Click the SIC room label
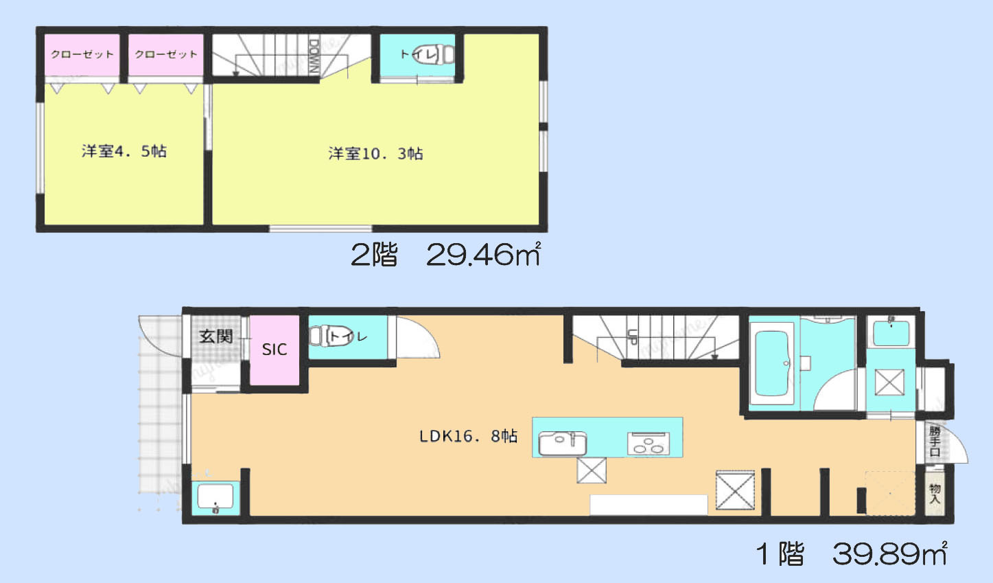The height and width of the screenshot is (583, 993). pos(274,350)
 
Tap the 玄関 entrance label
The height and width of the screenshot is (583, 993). pos(216,336)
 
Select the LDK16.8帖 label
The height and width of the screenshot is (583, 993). pos(469,436)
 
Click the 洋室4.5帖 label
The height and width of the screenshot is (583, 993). pos(124,152)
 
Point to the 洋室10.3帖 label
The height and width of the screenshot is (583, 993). pos(375,154)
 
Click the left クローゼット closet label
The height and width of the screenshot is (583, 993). pos(82,54)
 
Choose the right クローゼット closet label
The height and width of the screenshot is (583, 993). pos(166,54)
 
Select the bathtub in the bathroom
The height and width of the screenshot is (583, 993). pos(772,364)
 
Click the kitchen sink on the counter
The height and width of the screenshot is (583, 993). pos(563,443)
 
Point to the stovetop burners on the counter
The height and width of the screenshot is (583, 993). pos(647,444)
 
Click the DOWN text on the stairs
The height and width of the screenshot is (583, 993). pos(314,56)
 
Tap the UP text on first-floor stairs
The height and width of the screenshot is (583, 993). pos(633,336)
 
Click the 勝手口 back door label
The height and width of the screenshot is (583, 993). pos(935,441)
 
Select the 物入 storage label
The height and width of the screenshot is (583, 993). pos(935,492)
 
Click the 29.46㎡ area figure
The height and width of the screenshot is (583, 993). pos(483,255)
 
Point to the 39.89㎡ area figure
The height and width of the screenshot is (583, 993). pos(889,553)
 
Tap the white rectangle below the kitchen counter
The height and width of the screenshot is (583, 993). pos(649,505)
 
